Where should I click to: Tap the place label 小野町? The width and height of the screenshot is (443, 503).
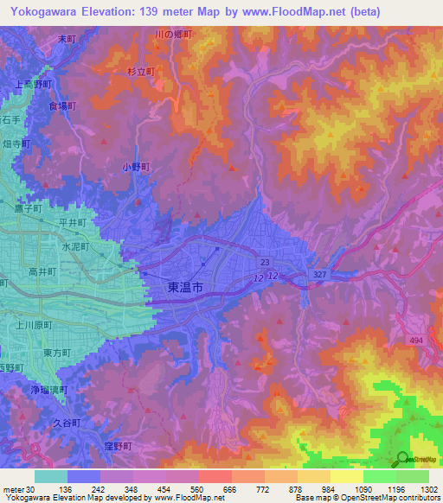pos(136,167)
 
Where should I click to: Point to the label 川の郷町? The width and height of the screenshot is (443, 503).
pos(172,34)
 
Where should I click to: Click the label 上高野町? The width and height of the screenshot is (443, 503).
pos(35,85)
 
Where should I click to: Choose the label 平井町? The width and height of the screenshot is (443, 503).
pos(72,222)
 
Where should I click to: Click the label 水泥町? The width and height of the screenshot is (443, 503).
pos(75,246)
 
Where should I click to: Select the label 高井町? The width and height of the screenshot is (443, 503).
pos(42,271)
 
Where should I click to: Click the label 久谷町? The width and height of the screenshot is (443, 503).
pos(65,423)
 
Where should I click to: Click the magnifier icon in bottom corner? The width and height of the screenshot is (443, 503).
pos(402,459)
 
